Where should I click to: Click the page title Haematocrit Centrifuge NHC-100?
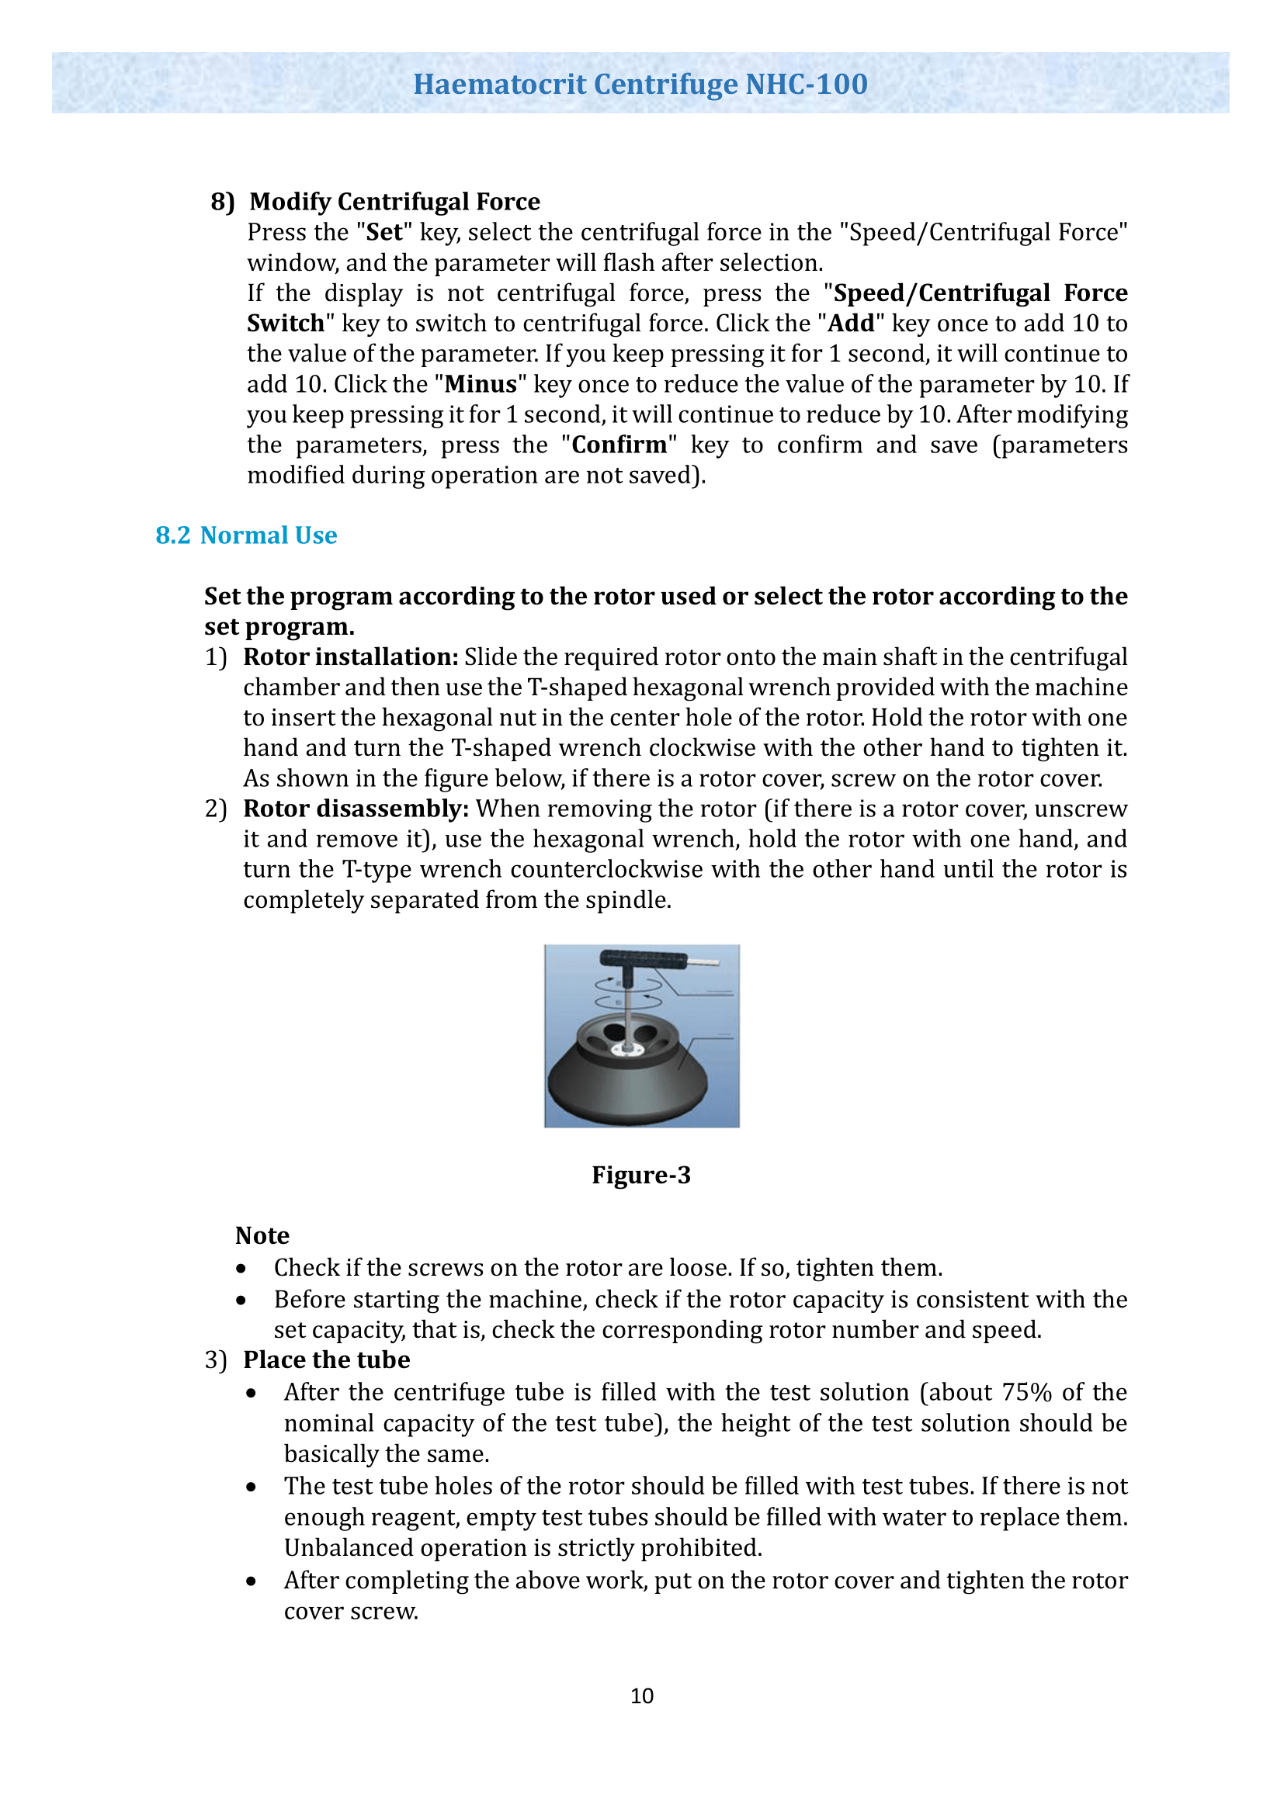[x=640, y=84]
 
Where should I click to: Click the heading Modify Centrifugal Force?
[x=394, y=202]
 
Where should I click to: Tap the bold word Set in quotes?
[x=384, y=233]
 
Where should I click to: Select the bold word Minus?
[x=481, y=384]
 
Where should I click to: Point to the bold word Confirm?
[x=619, y=445]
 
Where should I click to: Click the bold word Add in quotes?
[x=851, y=324]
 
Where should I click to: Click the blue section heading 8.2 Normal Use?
[x=246, y=535]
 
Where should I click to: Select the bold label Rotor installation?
[x=350, y=657]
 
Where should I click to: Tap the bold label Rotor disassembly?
[x=356, y=809]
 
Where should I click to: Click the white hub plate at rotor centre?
[x=629, y=1050]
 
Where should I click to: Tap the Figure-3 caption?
[x=641, y=1176]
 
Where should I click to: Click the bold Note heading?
[x=262, y=1235]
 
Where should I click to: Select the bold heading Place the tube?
[x=327, y=1360]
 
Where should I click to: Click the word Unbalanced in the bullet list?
[x=349, y=1548]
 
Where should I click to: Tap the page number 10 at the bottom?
[x=641, y=1696]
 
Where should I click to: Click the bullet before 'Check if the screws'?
[x=241, y=1269]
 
